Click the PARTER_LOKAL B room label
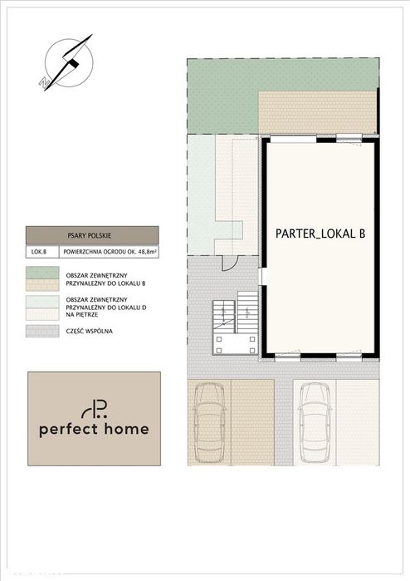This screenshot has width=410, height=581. click(320, 234)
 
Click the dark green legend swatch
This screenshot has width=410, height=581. click(42, 273)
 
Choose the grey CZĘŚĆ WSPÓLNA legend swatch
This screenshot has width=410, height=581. click(42, 331)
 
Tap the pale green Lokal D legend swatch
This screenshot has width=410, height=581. click(42, 302)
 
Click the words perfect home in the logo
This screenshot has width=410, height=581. click(94, 429)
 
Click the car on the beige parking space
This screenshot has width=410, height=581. click(209, 422)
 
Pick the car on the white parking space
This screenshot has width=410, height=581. click(315, 422)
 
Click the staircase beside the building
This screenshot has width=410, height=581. click(235, 323)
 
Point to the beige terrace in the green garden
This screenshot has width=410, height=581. click(317, 112)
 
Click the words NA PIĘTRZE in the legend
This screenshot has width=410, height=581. click(82, 314)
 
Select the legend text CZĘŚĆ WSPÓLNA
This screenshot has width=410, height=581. click(89, 332)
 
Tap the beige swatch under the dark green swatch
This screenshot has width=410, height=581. click(42, 284)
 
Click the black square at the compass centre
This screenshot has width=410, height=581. click(74, 63)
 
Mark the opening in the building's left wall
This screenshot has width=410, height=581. click(262, 276)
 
